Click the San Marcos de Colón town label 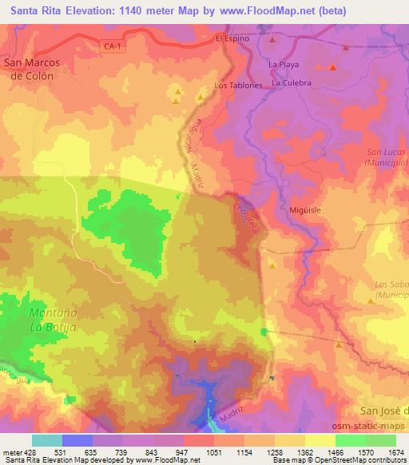pyautogui.click(x=29, y=70)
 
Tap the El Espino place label pyautogui.click(x=232, y=38)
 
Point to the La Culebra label pyautogui.click(x=291, y=81)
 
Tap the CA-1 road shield pyautogui.click(x=113, y=47)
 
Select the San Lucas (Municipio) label pyautogui.click(x=387, y=157)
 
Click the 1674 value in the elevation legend pyautogui.click(x=396, y=452)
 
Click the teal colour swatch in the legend pyautogui.click(x=47, y=440)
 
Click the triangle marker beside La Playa pyautogui.click(x=273, y=39)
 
